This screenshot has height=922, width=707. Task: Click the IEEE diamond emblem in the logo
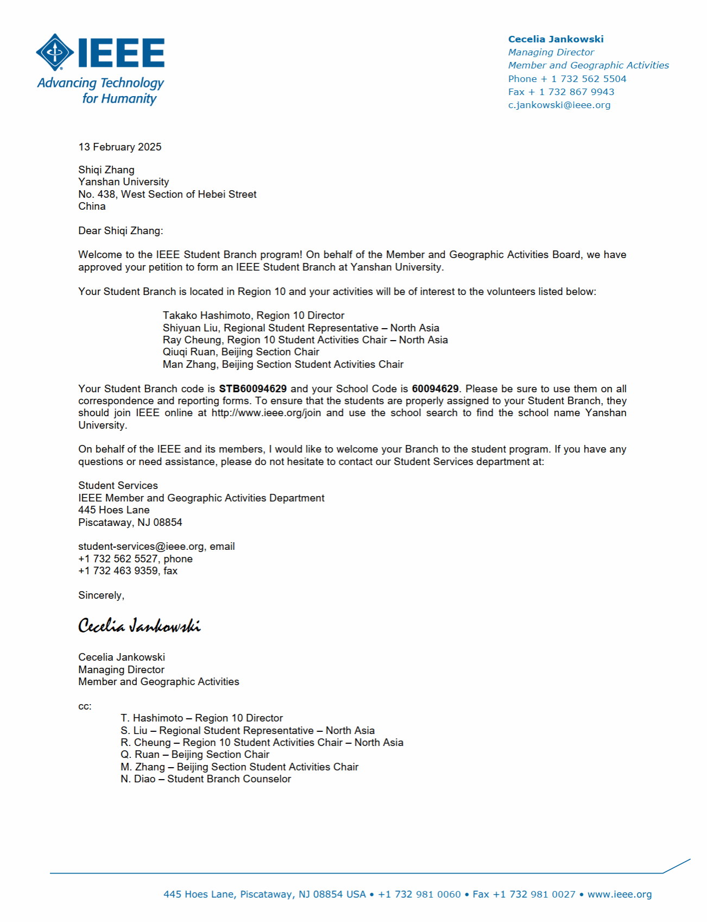tap(55, 52)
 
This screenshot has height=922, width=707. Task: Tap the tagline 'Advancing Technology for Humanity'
tap(100, 91)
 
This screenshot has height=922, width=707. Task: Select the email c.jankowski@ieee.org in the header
tap(559, 105)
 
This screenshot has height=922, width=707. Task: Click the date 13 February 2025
tap(119, 147)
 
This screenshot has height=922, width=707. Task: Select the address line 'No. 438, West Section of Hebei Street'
tap(167, 194)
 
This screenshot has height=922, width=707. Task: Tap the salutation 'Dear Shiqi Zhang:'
tap(121, 230)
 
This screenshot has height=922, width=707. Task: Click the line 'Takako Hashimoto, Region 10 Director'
tap(253, 315)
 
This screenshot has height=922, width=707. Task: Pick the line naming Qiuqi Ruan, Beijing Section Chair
tap(241, 352)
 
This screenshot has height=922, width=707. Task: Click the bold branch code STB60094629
tap(252, 388)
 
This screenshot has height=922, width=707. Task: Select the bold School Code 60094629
tap(435, 388)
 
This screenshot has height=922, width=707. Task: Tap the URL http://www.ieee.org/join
tap(266, 413)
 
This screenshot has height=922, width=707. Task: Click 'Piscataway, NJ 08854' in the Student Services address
tap(130, 522)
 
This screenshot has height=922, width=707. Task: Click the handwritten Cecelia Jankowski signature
tap(139, 626)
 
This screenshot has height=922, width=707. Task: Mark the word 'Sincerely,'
tap(101, 595)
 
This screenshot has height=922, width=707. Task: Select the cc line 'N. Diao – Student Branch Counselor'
tap(205, 779)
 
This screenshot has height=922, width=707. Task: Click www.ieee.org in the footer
tap(619, 894)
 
